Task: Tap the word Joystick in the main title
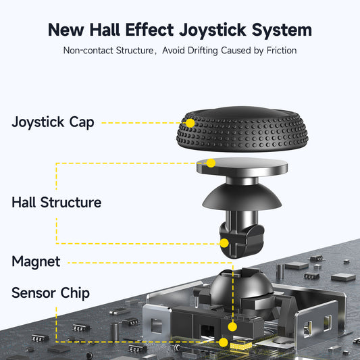(203, 30)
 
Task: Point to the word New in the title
(68, 30)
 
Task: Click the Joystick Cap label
(53, 122)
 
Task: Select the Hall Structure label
(56, 203)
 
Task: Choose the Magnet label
(36, 261)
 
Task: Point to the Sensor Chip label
(51, 293)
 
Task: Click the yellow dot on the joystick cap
(190, 124)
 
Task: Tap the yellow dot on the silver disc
(211, 163)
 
